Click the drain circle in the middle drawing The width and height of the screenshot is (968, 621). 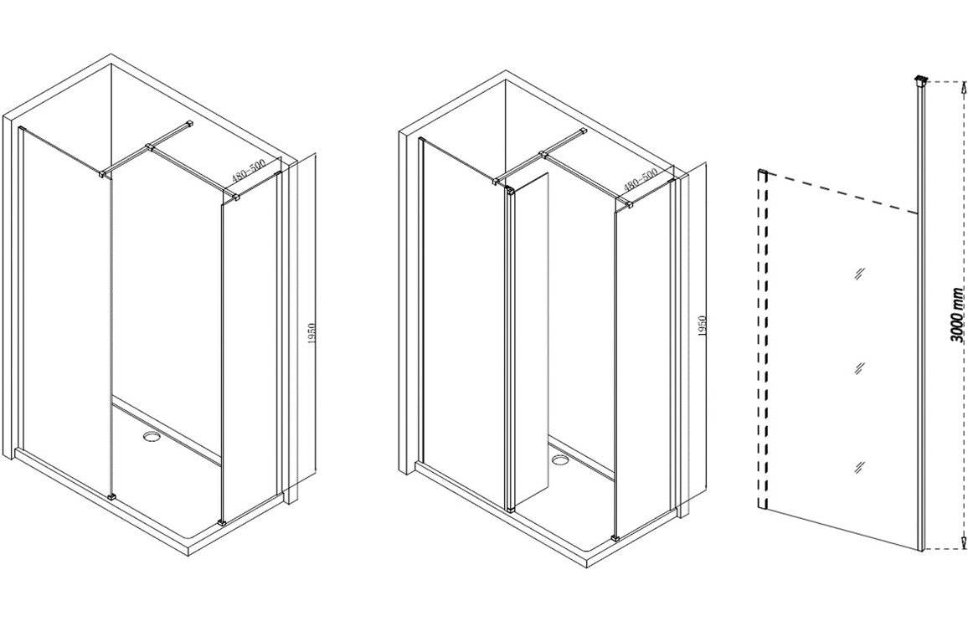click(560, 459)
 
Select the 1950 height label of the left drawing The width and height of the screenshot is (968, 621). click(312, 335)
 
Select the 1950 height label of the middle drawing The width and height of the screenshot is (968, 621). click(702, 326)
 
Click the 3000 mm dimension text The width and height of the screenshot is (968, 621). click(956, 315)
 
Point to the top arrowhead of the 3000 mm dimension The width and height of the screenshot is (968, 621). click(961, 88)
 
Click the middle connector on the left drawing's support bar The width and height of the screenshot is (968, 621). click(149, 147)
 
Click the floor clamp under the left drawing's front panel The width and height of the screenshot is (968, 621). click(111, 495)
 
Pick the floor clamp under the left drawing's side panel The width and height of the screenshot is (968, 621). click(223, 523)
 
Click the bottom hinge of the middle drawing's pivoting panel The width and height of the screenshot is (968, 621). click(510, 509)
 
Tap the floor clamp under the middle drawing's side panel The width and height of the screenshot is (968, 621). click(615, 537)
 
